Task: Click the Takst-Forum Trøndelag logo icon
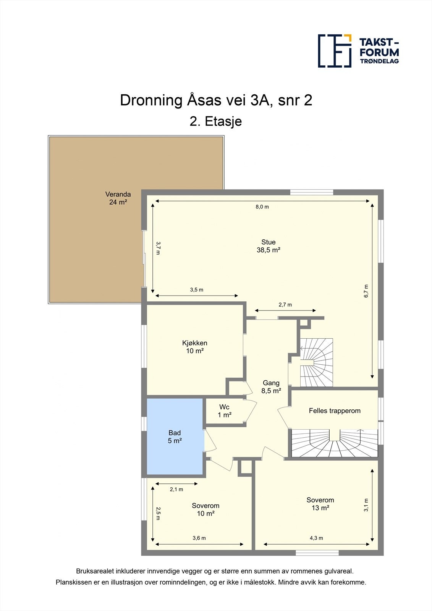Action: [x=335, y=51]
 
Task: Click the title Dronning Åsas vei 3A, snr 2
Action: [x=216, y=100]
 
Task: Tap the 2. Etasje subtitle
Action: [x=215, y=121]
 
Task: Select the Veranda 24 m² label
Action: [x=118, y=198]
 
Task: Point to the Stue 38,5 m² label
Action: [x=269, y=246]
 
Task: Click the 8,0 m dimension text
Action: [x=262, y=207]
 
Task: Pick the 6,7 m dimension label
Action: [x=366, y=291]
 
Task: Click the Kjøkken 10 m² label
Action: [x=194, y=347]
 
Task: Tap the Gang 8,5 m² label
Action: [x=271, y=387]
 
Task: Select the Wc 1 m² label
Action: [x=224, y=411]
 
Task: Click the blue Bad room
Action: [x=175, y=436]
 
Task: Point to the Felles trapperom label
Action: [x=335, y=411]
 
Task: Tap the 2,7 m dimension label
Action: [x=285, y=305]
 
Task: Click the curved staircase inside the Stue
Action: [x=317, y=362]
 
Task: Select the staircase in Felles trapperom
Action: [x=335, y=443]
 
